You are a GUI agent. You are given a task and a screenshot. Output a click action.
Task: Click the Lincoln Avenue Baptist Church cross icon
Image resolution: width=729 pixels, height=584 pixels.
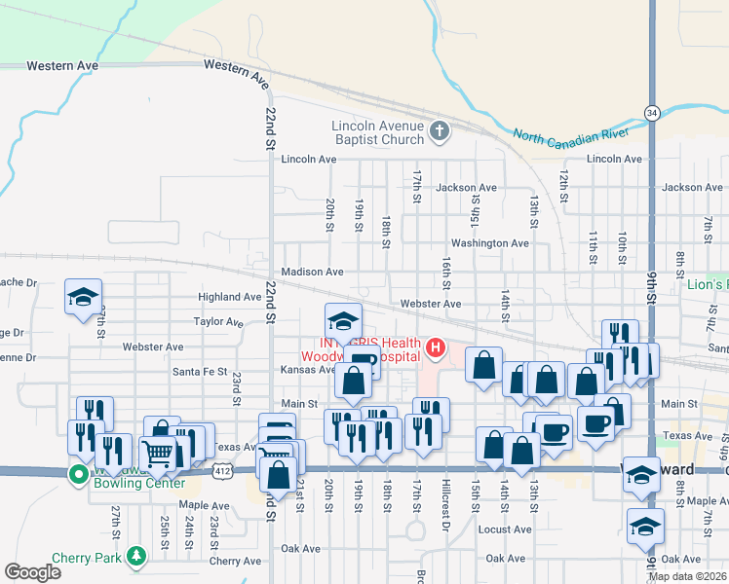point(439,130)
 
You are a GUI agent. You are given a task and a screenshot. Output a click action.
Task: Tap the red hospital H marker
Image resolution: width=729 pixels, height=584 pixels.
point(436,347)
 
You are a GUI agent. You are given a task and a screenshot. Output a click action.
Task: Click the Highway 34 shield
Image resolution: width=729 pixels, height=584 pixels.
point(651,114)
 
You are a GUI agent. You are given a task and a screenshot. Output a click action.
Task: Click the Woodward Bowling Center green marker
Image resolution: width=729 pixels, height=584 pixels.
point(78,474)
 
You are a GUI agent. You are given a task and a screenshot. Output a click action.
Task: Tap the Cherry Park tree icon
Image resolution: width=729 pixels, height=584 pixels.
point(137,557)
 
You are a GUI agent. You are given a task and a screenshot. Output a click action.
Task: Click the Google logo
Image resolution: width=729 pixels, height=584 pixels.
point(32,571)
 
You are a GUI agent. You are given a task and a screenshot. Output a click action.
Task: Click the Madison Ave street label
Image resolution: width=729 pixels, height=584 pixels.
point(312,273)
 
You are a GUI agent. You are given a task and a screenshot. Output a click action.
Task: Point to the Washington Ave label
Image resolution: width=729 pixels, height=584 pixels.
point(489,242)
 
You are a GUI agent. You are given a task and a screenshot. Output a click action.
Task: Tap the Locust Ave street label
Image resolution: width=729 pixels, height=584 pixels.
point(504,529)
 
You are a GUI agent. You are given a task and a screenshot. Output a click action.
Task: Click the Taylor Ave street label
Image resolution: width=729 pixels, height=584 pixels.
point(218,321)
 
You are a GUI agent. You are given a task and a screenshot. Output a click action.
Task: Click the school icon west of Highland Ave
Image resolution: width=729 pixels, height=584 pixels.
point(83,296)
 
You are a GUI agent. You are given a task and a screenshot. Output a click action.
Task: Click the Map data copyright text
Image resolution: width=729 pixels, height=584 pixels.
point(687,576)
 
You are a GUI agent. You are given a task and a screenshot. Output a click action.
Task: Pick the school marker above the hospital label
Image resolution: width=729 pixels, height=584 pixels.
point(343,319)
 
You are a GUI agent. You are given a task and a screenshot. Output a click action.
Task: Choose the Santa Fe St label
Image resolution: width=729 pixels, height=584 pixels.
point(200,372)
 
